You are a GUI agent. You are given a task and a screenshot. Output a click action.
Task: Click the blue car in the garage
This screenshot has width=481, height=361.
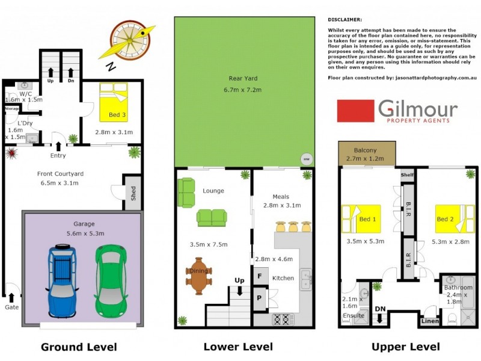(62, 280)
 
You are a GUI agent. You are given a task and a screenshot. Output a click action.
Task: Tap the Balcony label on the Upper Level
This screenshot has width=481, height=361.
(366, 150)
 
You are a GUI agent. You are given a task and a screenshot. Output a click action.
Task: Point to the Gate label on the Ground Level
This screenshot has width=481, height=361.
(11, 307)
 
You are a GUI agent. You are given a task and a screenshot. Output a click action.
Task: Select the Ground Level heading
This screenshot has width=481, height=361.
(78, 347)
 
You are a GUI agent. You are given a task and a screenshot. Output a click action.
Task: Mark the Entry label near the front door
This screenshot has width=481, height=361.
(58, 156)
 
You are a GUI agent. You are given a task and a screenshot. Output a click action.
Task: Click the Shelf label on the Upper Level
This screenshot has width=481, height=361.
(408, 175)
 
